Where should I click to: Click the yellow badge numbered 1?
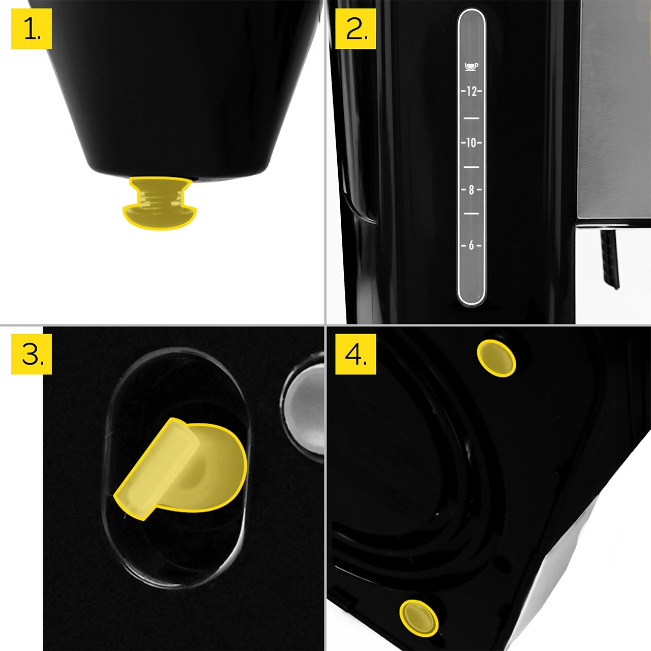(32, 28)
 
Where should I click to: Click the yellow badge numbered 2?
(356, 28)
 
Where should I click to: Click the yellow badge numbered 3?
(32, 354)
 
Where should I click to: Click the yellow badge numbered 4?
(356, 354)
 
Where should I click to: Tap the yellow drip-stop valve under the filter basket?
(160, 203)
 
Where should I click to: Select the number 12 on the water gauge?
(471, 91)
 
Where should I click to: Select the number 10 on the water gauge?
(471, 143)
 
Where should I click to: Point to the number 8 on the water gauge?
(471, 190)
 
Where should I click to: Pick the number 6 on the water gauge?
(471, 245)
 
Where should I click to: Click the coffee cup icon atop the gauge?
(471, 67)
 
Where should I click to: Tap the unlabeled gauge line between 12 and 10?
(471, 118)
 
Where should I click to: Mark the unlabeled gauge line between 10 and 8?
(471, 167)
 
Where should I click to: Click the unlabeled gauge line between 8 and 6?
(471, 214)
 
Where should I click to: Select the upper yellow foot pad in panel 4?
(496, 358)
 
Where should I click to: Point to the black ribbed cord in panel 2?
(610, 259)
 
